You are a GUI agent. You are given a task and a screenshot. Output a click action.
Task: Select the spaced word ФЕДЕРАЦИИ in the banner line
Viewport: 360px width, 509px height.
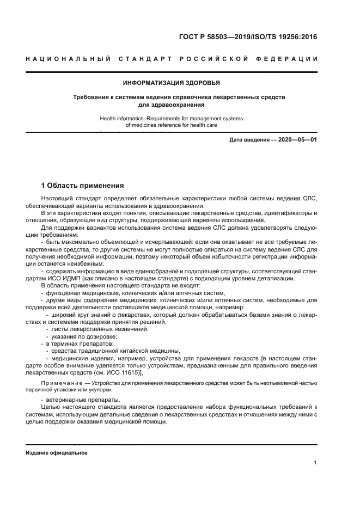[288, 59]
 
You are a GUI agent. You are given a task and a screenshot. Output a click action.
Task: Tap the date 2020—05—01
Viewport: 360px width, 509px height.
[299, 140]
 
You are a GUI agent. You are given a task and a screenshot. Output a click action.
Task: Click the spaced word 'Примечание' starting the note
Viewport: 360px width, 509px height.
[59, 384]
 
